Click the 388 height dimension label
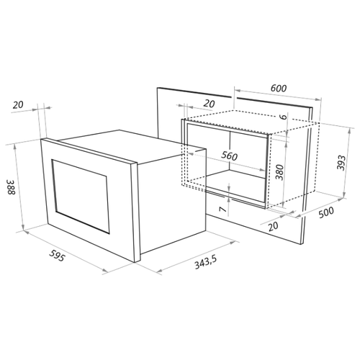click(12, 186)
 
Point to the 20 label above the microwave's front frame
click(18, 105)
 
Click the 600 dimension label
click(279, 89)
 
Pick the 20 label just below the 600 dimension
click(209, 104)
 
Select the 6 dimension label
click(284, 117)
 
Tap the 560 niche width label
click(229, 156)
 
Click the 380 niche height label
click(279, 172)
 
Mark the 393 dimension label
click(341, 163)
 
